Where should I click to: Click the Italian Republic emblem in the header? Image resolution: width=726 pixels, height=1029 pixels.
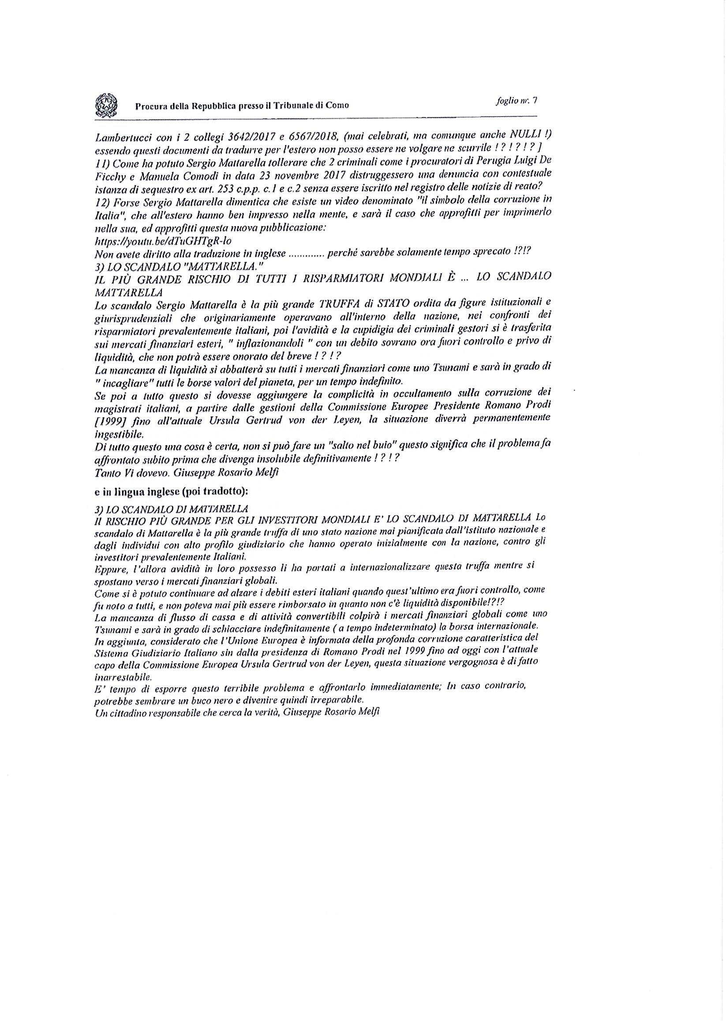106,105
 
